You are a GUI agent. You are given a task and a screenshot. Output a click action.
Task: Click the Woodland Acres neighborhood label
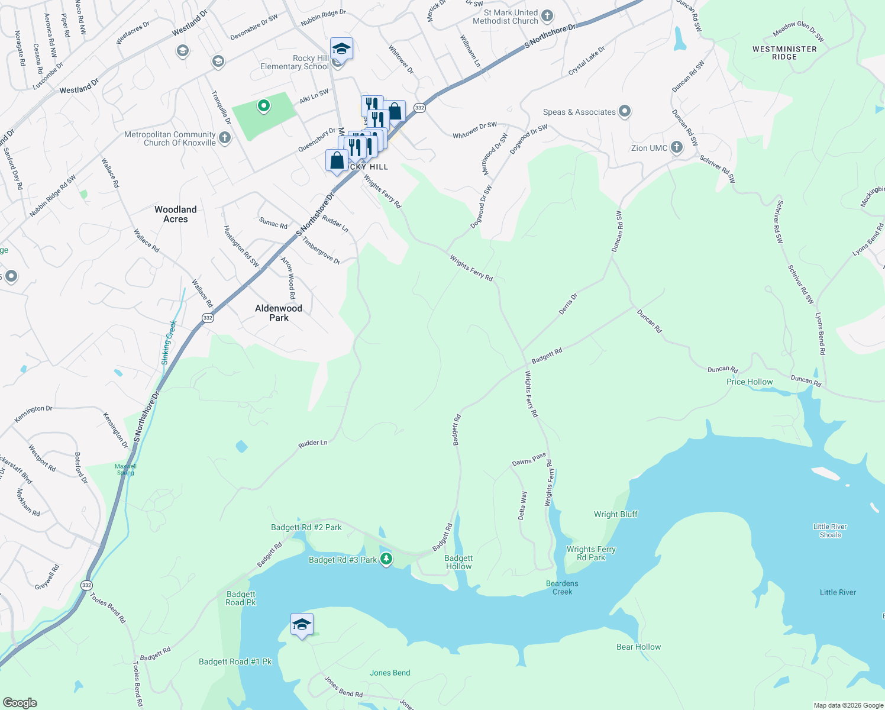(x=176, y=214)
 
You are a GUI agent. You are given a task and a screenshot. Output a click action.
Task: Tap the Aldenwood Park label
(x=279, y=313)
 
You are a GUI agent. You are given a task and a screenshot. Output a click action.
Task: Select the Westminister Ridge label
(x=784, y=53)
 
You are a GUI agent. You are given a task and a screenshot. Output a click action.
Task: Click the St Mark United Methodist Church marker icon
(x=547, y=16)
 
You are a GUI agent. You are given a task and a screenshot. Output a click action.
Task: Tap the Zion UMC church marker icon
(x=677, y=148)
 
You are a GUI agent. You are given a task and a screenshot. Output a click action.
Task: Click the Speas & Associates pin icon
(x=625, y=111)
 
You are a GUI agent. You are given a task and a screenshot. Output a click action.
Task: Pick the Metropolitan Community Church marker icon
(x=224, y=138)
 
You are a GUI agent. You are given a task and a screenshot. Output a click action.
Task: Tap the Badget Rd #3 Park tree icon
(x=386, y=559)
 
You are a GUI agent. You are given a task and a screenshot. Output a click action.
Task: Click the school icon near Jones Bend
(x=302, y=624)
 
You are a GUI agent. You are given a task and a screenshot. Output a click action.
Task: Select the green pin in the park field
(x=264, y=106)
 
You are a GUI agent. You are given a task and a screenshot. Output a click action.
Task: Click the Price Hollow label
(x=750, y=382)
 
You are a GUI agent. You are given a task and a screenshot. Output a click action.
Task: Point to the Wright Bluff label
(x=616, y=515)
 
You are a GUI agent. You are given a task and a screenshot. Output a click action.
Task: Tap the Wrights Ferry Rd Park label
(x=591, y=553)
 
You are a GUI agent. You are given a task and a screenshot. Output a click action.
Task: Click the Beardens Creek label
(x=562, y=588)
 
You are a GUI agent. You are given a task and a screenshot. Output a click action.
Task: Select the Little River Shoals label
(x=830, y=531)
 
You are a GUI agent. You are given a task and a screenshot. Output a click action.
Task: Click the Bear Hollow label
(x=638, y=647)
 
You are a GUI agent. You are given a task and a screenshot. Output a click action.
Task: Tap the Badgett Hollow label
(x=458, y=562)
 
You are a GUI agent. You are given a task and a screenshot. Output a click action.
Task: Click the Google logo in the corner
(x=20, y=702)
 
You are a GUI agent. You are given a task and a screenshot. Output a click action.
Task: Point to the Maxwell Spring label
(x=125, y=469)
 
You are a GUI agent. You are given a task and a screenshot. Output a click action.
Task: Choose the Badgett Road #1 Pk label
(x=235, y=662)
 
